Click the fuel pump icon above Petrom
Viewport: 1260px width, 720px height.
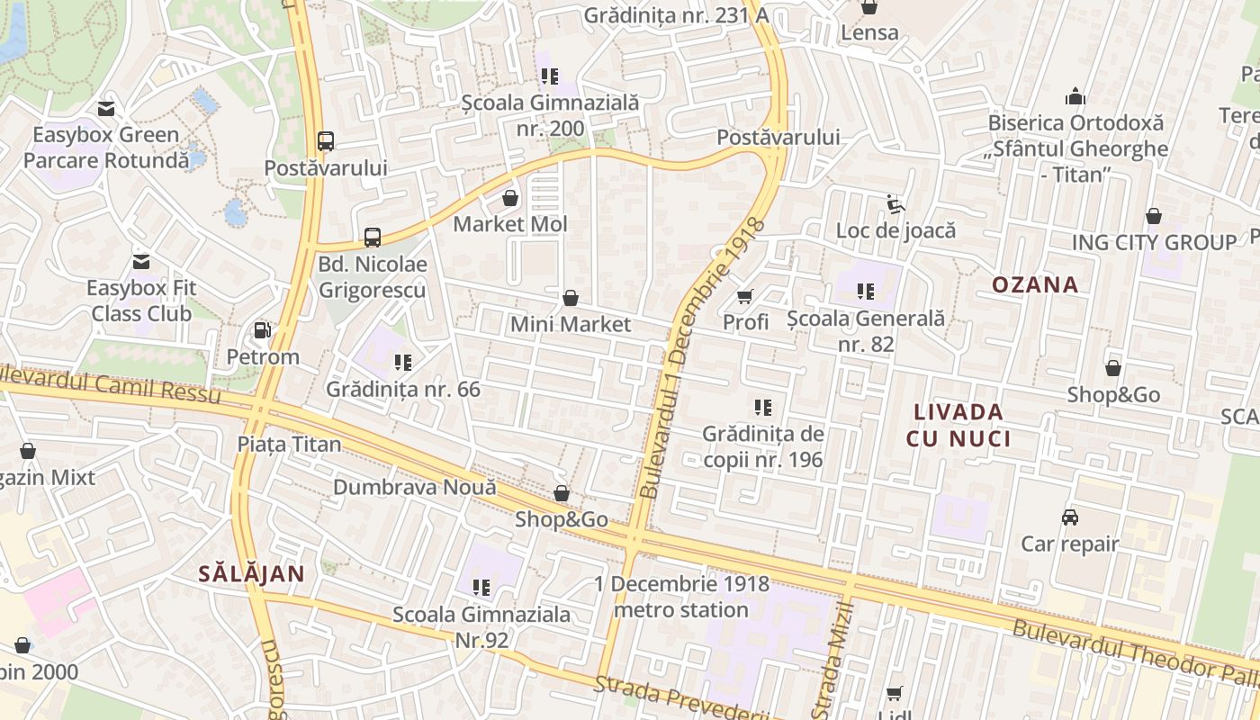262,330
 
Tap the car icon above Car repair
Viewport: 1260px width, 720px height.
1069,517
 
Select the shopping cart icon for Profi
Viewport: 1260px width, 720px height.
745,296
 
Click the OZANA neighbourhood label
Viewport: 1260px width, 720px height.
1034,285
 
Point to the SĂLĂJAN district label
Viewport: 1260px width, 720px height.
251,573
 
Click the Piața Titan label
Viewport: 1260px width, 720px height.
289,444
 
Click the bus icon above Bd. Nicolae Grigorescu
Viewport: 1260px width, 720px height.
372,238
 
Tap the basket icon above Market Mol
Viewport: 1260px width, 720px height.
510,198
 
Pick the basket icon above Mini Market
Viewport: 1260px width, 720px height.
570,298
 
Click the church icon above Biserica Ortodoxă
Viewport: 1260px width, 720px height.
1075,96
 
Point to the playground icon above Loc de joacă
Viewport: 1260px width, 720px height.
895,204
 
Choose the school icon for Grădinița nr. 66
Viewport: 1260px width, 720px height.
402,363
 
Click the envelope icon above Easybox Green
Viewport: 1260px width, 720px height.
106,110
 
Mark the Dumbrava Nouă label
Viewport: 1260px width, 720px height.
414,487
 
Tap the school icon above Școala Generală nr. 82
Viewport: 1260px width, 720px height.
866,292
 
